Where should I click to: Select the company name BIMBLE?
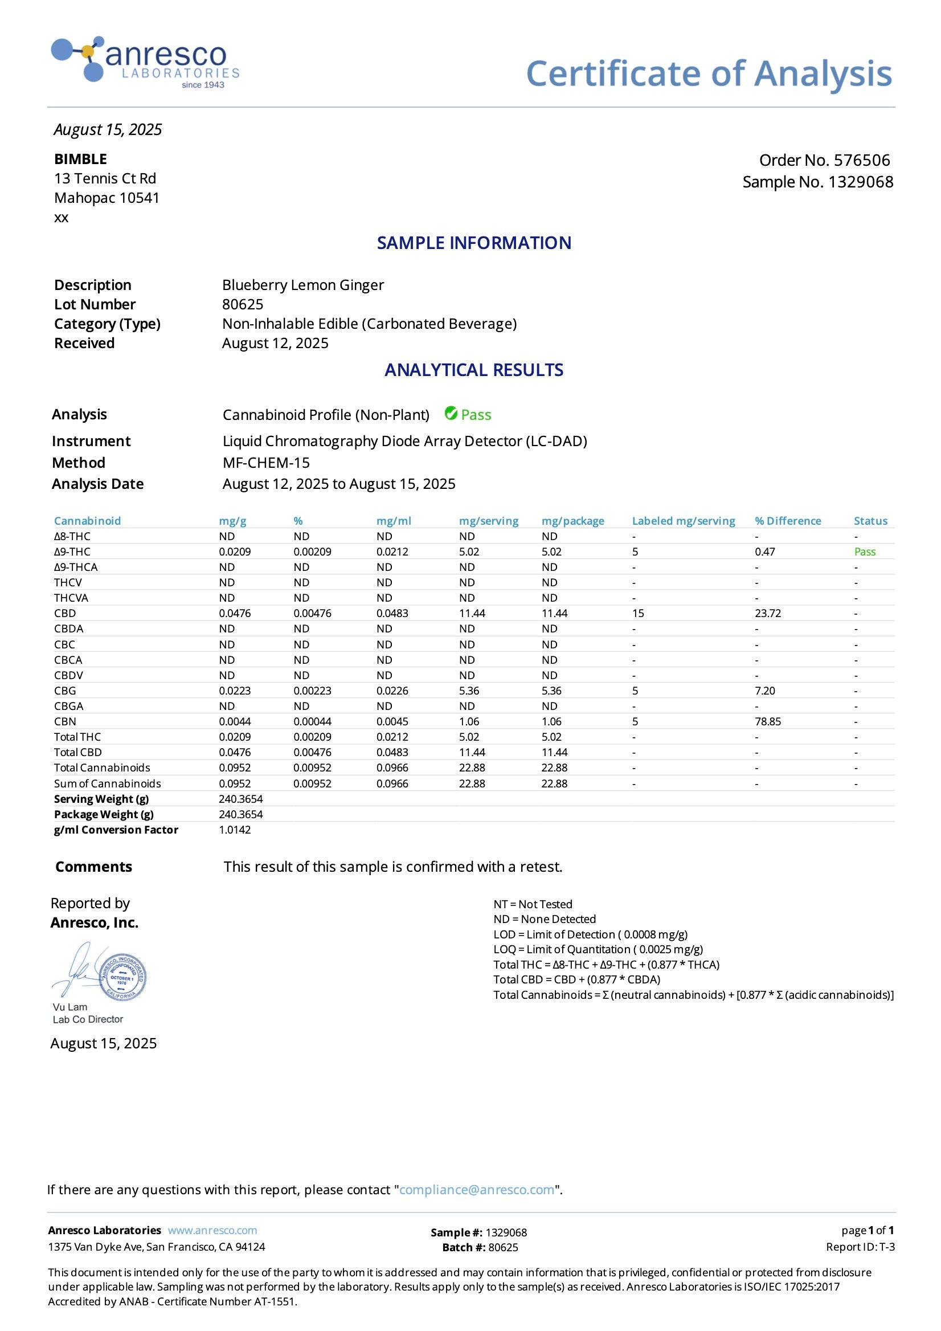[80, 159]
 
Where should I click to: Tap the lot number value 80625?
[242, 304]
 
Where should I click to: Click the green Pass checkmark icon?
[451, 413]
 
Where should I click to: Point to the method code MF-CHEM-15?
[266, 463]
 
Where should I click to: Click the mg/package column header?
[572, 521]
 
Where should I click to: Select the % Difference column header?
[787, 521]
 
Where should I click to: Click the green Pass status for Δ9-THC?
[865, 552]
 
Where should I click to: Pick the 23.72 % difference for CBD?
[768, 613]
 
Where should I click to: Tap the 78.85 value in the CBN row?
[768, 722]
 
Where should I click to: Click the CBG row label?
[65, 691]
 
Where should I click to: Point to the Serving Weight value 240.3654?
[240, 799]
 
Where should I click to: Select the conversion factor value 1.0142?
[235, 830]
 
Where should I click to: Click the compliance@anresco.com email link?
[476, 1190]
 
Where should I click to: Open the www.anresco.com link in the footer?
[212, 1230]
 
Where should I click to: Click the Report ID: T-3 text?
[860, 1247]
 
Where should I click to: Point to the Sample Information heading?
[474, 243]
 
